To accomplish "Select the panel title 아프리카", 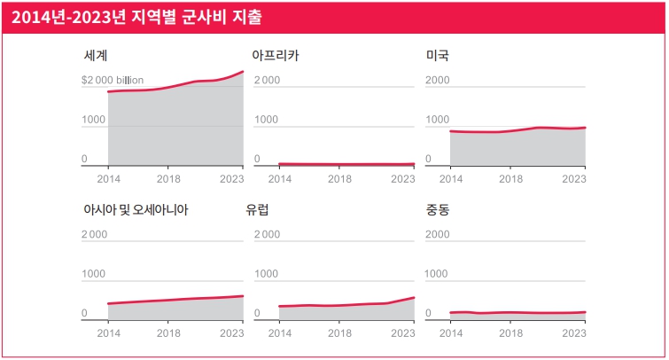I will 276,55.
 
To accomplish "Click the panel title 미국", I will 438,55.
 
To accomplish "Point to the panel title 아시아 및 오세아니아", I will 135,210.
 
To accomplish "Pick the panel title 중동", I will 438,210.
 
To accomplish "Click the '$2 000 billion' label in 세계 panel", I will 113,80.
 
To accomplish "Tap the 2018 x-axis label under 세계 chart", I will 168,178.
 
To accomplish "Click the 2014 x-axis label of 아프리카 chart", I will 279,178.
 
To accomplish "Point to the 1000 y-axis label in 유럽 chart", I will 267,274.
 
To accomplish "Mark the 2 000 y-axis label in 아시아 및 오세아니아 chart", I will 95,234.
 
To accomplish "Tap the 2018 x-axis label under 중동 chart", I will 510,333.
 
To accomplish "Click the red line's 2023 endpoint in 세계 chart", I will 243,71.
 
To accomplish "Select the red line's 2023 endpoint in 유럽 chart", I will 414,297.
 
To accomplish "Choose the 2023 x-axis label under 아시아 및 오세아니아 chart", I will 232,333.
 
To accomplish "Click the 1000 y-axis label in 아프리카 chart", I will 267,120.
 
